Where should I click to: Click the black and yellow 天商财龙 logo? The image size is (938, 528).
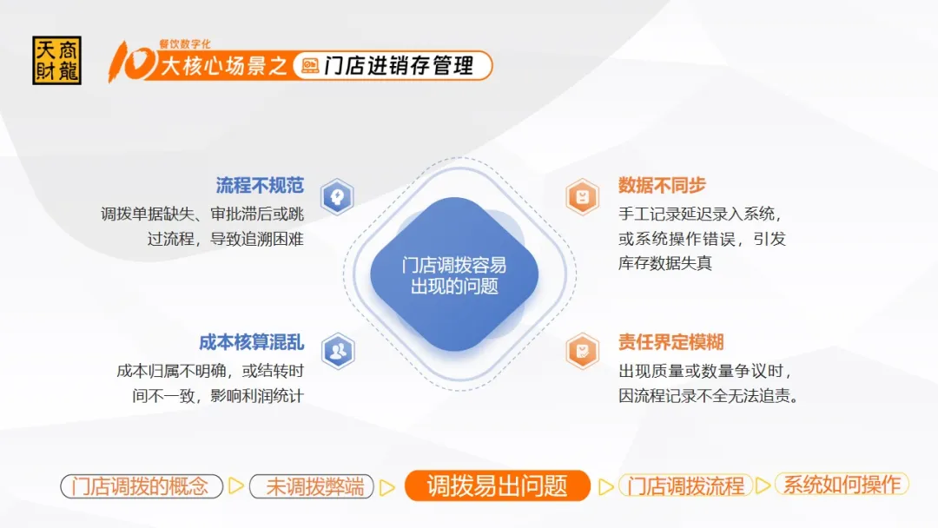coord(56,61)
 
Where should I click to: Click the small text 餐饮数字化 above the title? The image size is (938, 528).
coord(185,43)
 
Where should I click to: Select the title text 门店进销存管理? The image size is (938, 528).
coord(399,66)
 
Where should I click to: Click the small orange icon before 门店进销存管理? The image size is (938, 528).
coord(310,66)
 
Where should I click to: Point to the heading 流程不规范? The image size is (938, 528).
coord(260,185)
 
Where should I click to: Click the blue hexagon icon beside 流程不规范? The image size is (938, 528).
coord(337,197)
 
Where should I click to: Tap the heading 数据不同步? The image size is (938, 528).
coord(662,185)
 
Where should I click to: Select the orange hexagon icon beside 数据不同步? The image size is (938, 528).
coord(582,197)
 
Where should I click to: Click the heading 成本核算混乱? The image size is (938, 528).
coord(251,342)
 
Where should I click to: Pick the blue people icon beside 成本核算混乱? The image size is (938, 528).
coord(338,351)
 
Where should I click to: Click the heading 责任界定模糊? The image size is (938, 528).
coord(671,342)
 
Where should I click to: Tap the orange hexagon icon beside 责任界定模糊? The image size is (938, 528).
coord(582,351)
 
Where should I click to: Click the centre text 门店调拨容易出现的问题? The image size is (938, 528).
coord(454,275)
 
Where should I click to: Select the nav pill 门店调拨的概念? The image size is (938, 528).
coord(142,486)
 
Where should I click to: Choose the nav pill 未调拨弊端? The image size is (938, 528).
coord(312,486)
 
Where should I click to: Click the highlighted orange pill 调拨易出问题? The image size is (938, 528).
coord(497,485)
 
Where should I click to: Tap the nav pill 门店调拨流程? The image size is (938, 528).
coord(685,485)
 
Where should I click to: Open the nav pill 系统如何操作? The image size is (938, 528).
coord(842,485)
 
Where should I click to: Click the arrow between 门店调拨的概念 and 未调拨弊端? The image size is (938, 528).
coord(236,486)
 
